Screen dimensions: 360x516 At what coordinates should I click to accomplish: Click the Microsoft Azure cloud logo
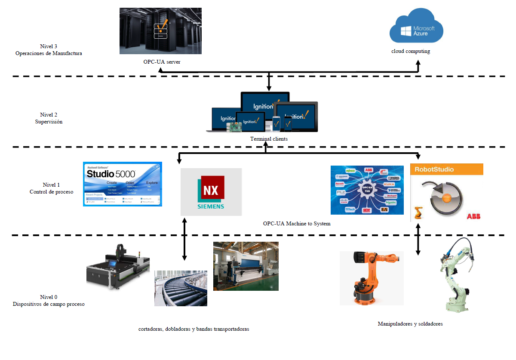point(416,29)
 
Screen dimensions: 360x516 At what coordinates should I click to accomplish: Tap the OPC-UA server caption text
point(162,62)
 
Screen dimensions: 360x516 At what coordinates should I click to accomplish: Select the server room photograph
point(160,31)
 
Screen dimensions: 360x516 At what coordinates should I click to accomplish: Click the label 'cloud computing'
point(410,51)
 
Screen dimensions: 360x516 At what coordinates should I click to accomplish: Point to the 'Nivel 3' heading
point(49,46)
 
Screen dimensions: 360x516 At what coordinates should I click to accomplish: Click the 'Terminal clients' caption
point(269,139)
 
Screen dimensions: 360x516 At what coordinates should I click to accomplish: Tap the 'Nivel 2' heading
point(49,115)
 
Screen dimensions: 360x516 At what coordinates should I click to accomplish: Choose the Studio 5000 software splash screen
point(123,184)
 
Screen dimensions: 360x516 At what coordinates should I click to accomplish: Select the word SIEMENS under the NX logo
point(211,206)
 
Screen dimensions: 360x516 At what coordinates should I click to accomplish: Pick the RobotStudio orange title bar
point(447,169)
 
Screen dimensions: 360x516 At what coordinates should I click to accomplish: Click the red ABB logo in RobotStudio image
point(473,216)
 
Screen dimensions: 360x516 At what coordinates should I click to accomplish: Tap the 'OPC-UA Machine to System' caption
point(297,224)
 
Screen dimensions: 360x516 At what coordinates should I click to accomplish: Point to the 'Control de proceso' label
point(51,191)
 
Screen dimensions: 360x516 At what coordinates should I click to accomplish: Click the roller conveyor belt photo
point(181,288)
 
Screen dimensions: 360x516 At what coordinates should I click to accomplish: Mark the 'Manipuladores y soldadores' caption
point(410,323)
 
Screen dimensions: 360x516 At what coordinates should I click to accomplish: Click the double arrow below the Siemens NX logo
point(184,239)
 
